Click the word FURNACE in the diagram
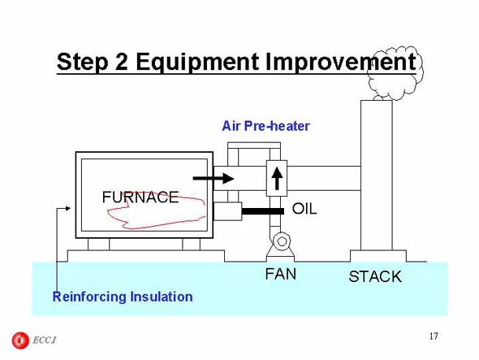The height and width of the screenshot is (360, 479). click(140, 197)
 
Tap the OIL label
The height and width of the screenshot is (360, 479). click(304, 209)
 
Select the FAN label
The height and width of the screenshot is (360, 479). click(281, 274)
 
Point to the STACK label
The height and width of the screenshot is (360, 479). click(375, 276)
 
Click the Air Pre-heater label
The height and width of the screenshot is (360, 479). click(265, 126)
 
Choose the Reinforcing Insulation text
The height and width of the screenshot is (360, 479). click(123, 297)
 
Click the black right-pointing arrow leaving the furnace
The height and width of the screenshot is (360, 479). click(214, 178)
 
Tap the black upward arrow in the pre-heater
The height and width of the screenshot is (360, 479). click(277, 178)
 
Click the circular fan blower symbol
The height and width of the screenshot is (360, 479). click(282, 241)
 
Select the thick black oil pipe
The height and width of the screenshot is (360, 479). click(263, 211)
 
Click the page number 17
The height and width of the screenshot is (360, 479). click(434, 336)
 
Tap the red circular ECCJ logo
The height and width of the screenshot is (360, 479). click(20, 340)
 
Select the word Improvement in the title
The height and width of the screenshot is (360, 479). click(341, 62)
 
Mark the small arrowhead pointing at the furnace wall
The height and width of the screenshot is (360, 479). click(68, 208)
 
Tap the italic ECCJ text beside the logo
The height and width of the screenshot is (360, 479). click(45, 340)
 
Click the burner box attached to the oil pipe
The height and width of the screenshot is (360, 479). click(227, 211)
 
